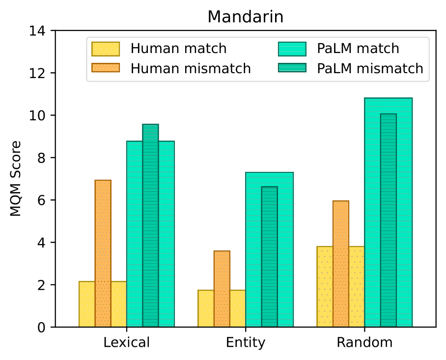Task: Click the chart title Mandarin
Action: point(245,17)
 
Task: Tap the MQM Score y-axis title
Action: point(16,179)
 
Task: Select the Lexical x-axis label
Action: point(127,342)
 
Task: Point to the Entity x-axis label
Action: point(246,342)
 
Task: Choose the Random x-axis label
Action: point(364,342)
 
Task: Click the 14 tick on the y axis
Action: point(41,31)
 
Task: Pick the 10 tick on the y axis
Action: point(41,115)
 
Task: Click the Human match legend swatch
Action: point(106,49)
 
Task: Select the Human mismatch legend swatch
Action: point(106,68)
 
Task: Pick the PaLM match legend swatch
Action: point(292,49)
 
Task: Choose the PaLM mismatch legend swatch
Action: point(292,68)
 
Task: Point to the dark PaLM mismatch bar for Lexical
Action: point(151,226)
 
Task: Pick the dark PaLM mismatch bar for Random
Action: point(389,221)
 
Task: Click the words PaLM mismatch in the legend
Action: point(370,68)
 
